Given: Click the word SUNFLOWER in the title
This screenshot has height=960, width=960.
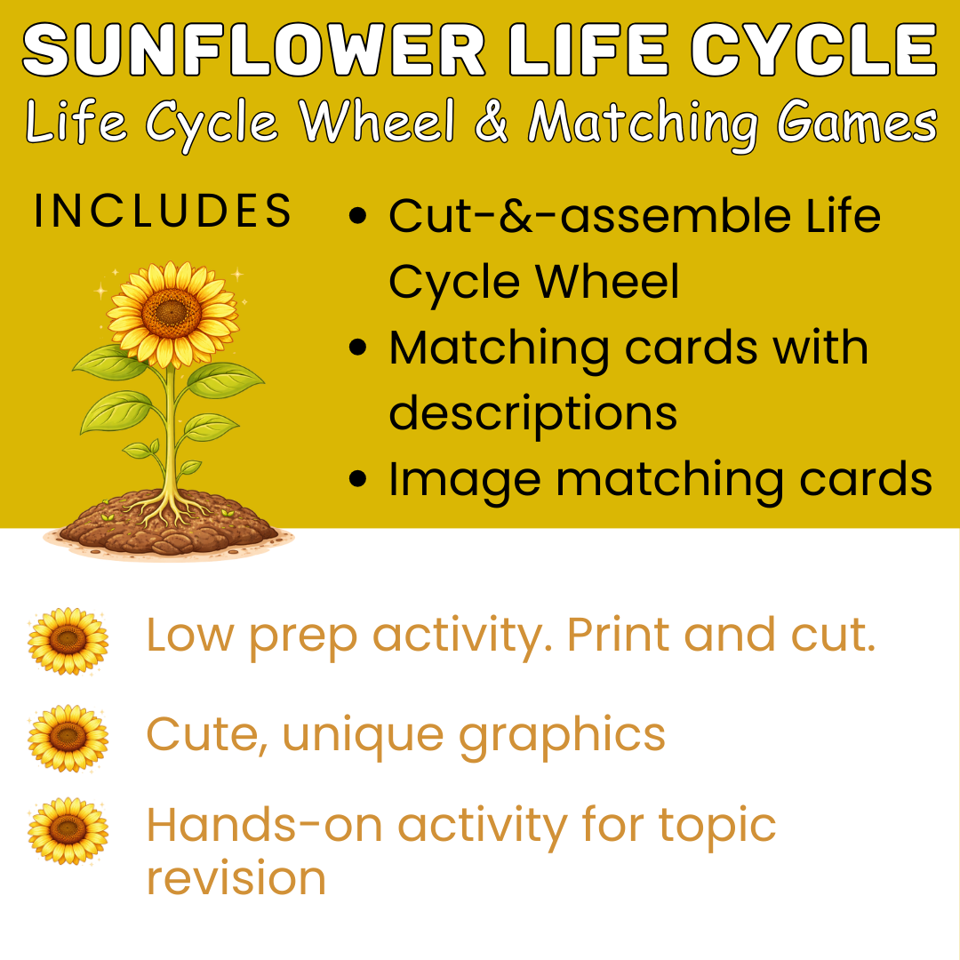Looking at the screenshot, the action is tap(255, 50).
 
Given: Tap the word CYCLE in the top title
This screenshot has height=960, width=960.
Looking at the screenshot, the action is tap(814, 50).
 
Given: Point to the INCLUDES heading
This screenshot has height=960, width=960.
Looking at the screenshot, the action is tap(163, 211).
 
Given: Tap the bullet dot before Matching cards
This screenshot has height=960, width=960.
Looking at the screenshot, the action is tap(357, 348).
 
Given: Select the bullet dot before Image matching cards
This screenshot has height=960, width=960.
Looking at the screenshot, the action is tap(357, 478).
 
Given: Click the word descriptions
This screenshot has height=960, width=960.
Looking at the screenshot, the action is tap(533, 414).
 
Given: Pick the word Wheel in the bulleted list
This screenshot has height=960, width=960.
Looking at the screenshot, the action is tap(607, 281).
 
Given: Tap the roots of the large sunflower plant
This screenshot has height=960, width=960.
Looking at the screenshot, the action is tap(168, 509).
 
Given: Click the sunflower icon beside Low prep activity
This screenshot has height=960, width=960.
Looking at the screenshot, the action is tap(68, 640).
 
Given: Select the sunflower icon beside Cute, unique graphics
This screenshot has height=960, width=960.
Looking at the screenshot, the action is tap(68, 737).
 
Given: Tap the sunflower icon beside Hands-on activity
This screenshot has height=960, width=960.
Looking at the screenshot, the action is tap(68, 830).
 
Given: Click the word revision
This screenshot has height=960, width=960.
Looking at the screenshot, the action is tap(236, 878).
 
